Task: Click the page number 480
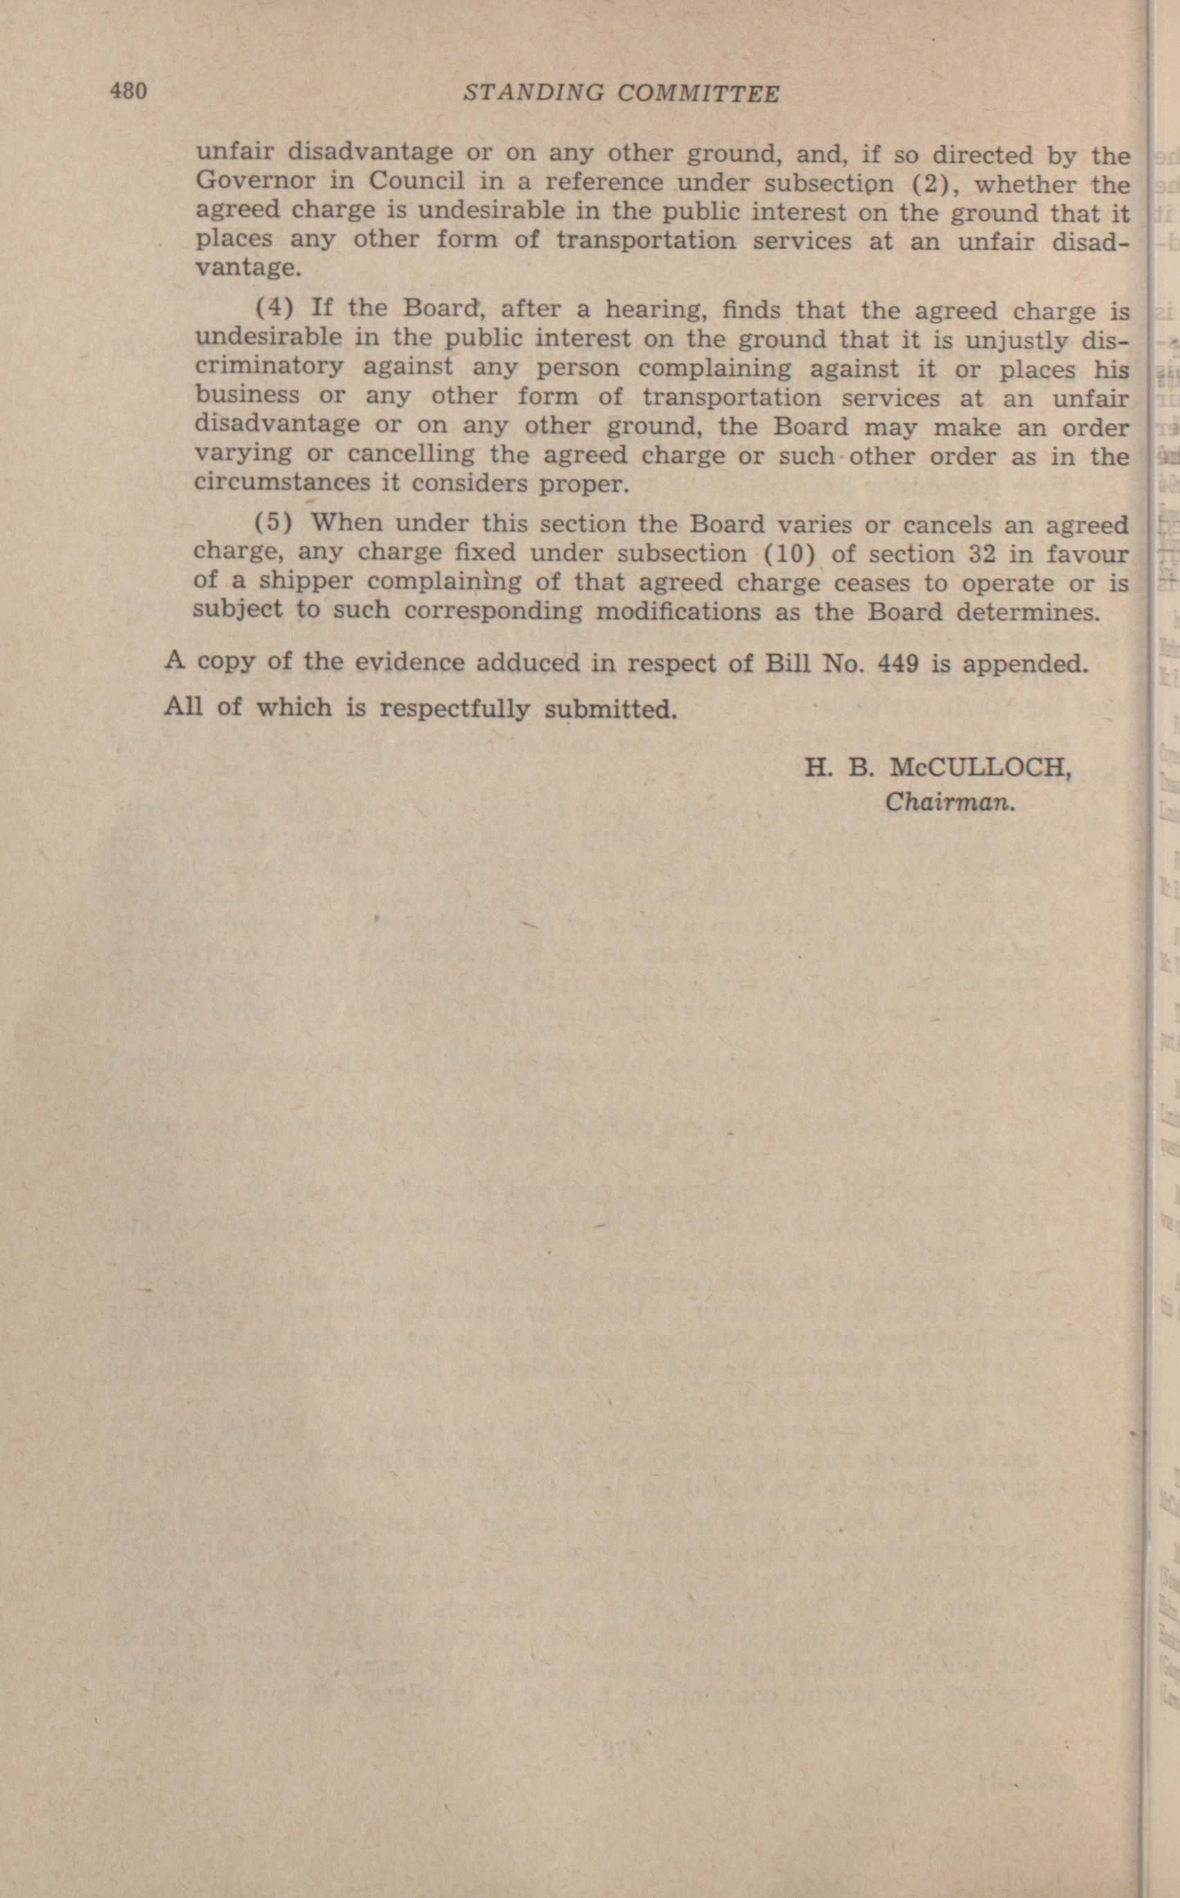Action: pyautogui.click(x=128, y=91)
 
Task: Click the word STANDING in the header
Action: pyautogui.click(x=533, y=93)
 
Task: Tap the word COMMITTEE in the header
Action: pyautogui.click(x=698, y=94)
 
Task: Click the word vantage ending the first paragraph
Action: pyautogui.click(x=247, y=267)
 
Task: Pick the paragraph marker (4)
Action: pyautogui.click(x=275, y=307)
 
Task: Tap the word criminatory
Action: pyautogui.click(x=269, y=366)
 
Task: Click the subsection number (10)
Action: pyautogui.click(x=788, y=553)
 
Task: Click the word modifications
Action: pyautogui.click(x=678, y=611)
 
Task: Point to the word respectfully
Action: pyautogui.click(x=454, y=708)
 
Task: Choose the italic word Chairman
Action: pyautogui.click(x=949, y=803)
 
